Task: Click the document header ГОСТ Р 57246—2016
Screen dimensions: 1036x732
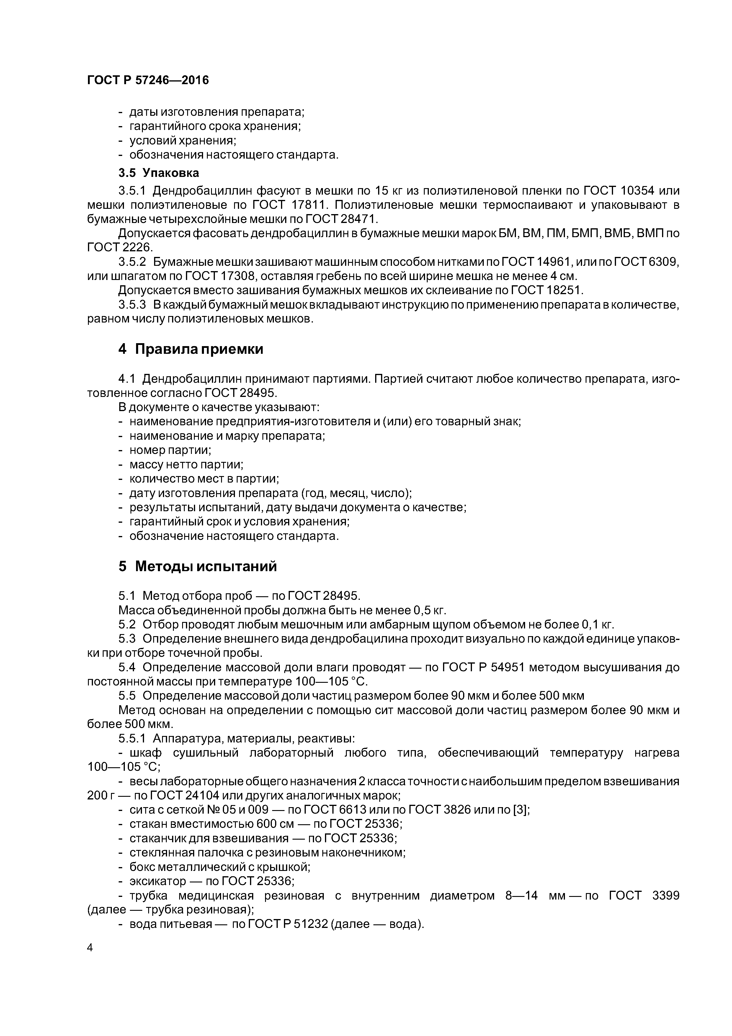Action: click(x=148, y=80)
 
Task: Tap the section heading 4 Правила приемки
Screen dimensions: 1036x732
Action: click(x=190, y=349)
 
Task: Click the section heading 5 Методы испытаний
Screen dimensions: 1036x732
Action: click(x=197, y=566)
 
